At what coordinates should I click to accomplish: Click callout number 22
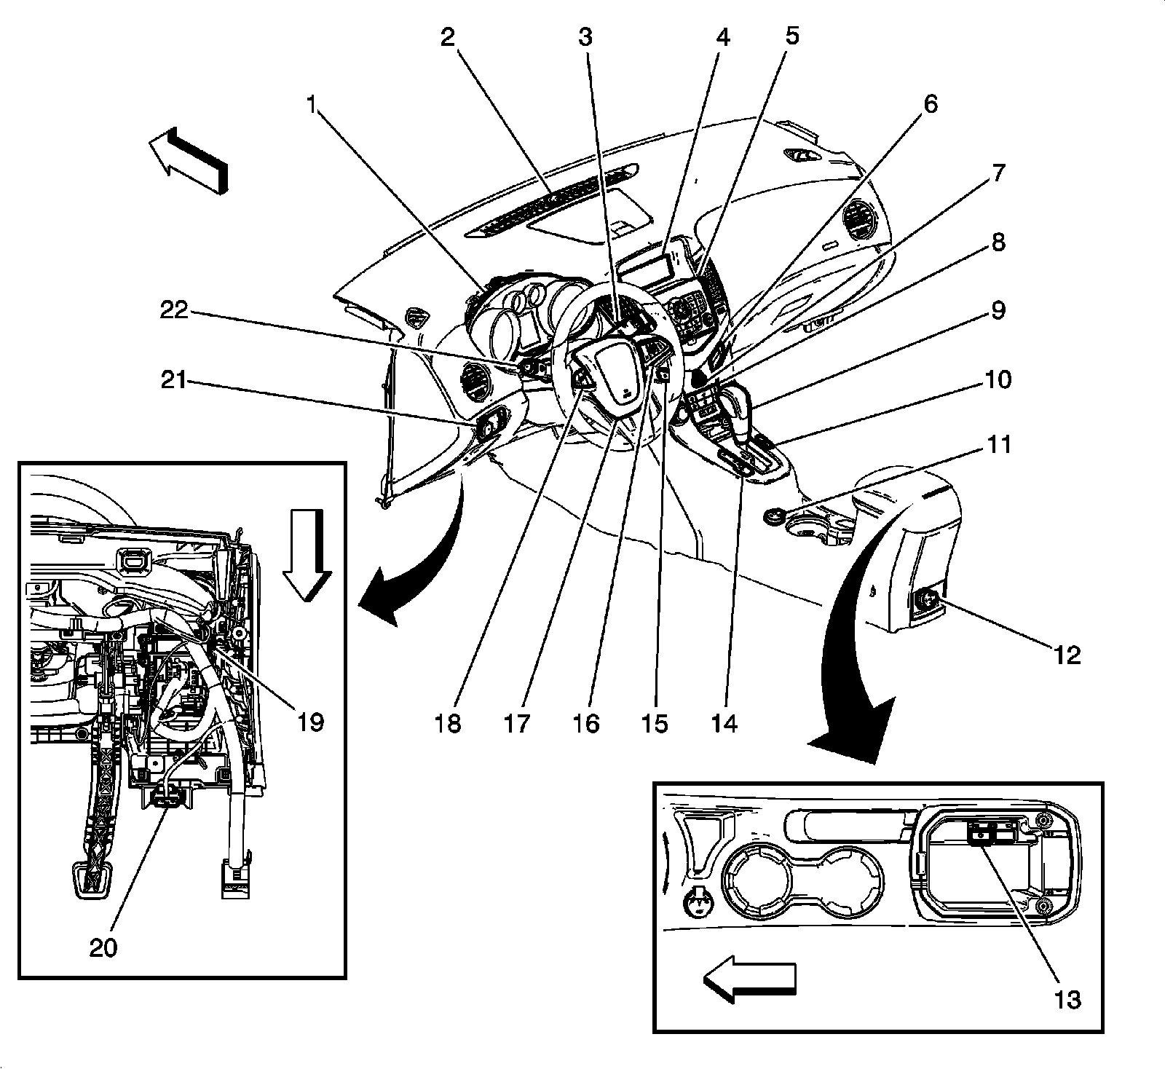click(174, 312)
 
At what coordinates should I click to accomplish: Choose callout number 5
click(791, 36)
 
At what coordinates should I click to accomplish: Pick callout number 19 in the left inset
click(310, 722)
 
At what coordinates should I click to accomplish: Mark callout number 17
click(518, 724)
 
